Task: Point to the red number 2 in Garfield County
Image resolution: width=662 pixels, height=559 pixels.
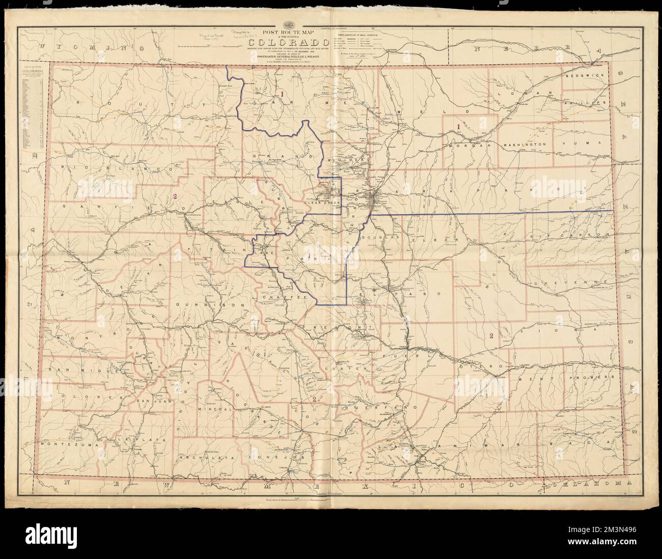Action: [174, 197]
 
